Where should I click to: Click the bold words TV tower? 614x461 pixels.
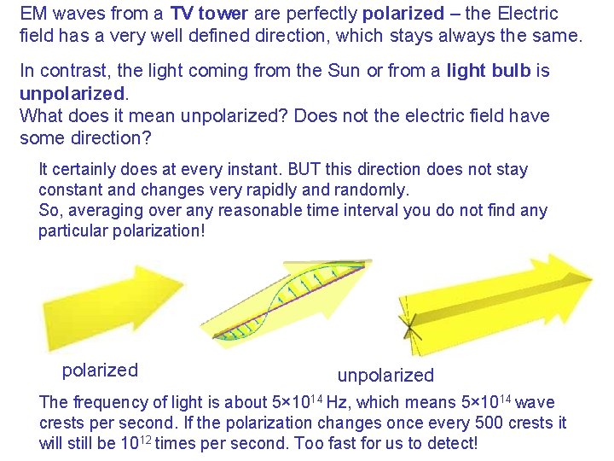point(208,14)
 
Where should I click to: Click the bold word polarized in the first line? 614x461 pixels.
point(403,14)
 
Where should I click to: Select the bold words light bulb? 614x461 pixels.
point(489,72)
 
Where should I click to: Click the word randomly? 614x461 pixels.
point(377,190)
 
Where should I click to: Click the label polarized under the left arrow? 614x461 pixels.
point(100,370)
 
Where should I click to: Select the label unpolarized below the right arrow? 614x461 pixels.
point(385,375)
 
